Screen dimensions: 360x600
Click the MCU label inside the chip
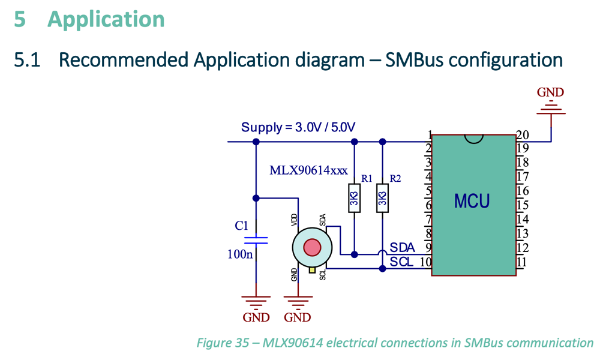coord(472,200)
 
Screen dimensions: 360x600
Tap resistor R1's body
coord(354,198)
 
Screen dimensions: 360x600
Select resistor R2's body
coord(382,198)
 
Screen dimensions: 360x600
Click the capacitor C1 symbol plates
coord(256,241)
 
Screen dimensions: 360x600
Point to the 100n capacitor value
coord(240,254)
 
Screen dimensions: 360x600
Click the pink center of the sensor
coord(312,247)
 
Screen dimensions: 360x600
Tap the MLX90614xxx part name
coord(308,170)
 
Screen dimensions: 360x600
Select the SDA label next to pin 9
coord(402,247)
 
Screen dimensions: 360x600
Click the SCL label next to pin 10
coord(401,262)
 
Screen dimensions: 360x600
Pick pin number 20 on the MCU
coord(522,135)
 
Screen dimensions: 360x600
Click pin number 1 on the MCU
coord(430,134)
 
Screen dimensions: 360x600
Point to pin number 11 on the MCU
coord(521,262)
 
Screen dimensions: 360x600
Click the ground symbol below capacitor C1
coord(256,301)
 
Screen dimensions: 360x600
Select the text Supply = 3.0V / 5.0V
coord(298,127)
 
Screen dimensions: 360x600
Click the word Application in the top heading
coord(106,19)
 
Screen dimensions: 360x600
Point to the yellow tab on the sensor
coord(312,270)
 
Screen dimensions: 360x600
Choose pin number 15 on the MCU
coord(522,205)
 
